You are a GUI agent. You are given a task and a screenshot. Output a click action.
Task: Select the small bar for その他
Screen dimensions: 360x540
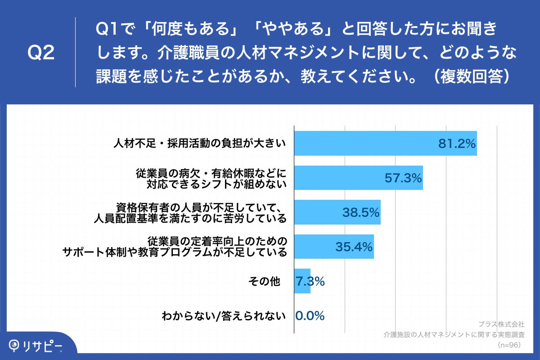(x=301, y=282)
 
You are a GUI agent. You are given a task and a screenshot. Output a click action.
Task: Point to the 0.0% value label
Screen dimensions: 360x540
(x=310, y=316)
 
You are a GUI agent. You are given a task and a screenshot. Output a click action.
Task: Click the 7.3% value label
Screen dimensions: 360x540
(x=310, y=282)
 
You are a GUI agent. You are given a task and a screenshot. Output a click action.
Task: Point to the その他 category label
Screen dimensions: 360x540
(x=264, y=282)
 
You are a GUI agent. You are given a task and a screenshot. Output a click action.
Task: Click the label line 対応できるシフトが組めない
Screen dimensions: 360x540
(x=216, y=184)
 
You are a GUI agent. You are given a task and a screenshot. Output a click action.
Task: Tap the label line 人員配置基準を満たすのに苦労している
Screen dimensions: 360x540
(x=190, y=218)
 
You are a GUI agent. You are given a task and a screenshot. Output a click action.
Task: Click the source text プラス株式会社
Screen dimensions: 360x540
(x=501, y=324)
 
